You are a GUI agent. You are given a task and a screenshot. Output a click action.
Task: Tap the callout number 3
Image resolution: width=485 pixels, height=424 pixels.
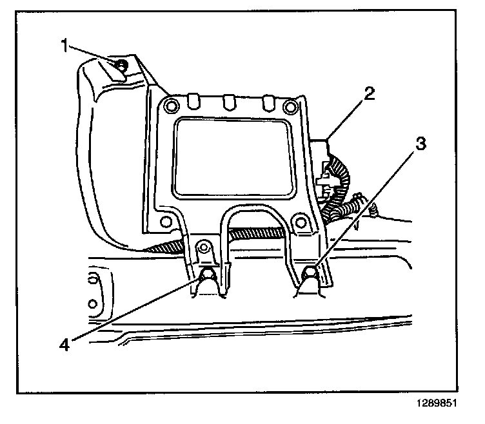[x=419, y=144]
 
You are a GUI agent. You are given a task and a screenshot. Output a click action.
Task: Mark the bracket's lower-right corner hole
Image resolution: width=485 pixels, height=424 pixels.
[x=299, y=222]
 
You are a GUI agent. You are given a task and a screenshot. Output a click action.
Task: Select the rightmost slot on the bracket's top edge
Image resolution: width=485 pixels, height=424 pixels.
[x=266, y=102]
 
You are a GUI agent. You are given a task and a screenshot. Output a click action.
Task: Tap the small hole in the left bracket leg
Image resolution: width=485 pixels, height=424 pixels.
[x=205, y=247]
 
